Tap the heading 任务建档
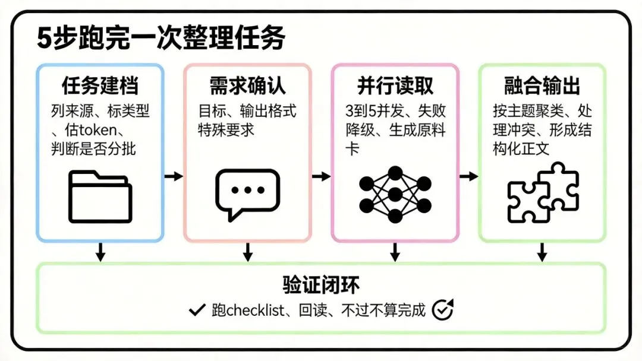tap(100, 85)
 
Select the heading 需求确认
tap(247, 85)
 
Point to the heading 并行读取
tap(395, 85)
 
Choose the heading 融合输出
tap(542, 85)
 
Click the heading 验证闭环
tap(321, 284)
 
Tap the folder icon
tap(100, 197)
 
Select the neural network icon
tap(395, 195)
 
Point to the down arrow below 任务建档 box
tap(100, 252)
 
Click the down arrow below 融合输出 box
tap(542, 252)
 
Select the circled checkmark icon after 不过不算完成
tap(442, 309)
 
